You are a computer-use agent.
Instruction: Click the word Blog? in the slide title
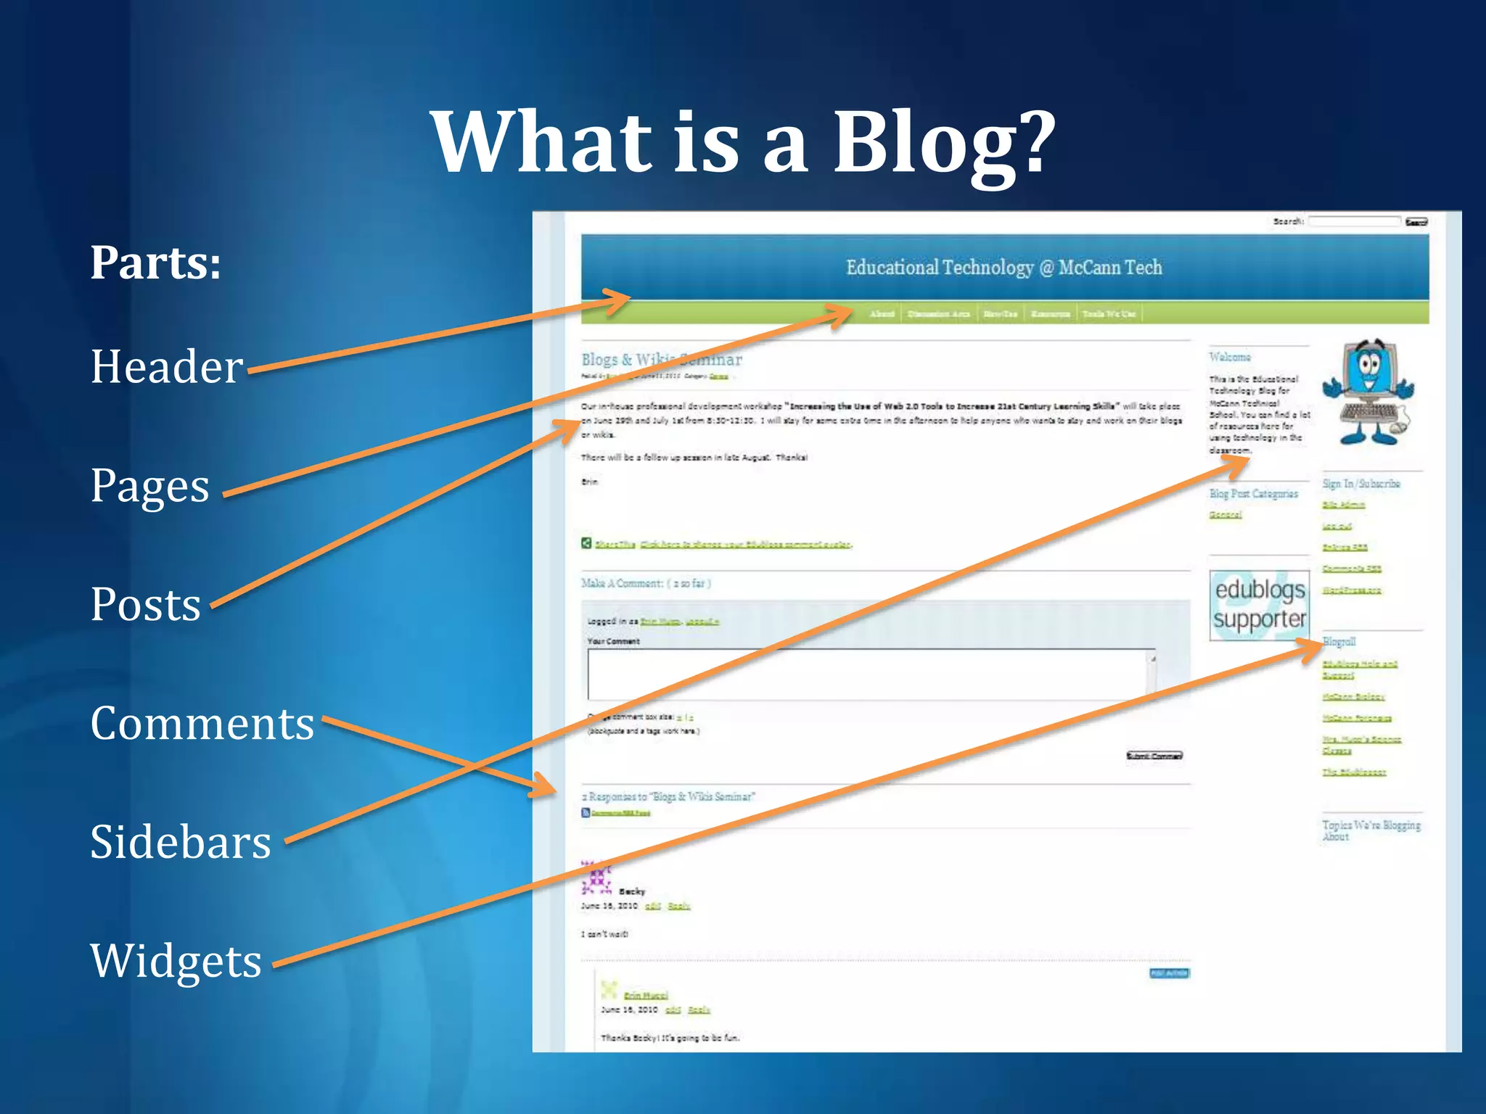point(943,143)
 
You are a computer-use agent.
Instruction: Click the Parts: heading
point(155,263)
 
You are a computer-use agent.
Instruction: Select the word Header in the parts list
point(167,367)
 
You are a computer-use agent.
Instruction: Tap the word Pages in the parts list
point(149,486)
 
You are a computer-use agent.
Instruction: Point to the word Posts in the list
point(145,605)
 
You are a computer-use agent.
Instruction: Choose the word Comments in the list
point(202,724)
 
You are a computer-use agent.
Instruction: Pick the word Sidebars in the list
point(180,843)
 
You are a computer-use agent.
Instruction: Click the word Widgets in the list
point(176,961)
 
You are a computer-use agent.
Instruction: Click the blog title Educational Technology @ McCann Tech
point(1003,268)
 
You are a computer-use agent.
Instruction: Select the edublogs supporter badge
point(1259,605)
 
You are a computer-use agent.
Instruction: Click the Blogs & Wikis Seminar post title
point(661,360)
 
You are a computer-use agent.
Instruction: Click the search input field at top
point(1354,221)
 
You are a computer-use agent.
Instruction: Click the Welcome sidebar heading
point(1230,357)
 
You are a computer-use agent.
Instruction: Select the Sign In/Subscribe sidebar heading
point(1360,484)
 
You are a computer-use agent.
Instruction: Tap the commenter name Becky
point(631,891)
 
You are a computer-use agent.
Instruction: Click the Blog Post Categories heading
point(1253,494)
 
